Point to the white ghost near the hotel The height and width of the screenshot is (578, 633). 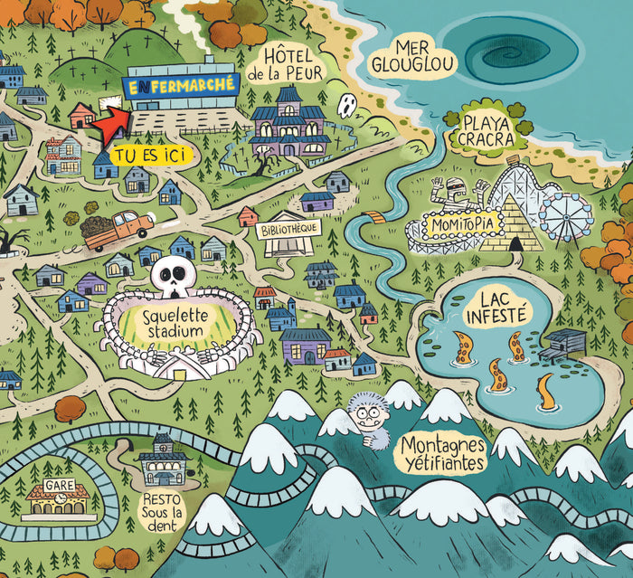(346, 106)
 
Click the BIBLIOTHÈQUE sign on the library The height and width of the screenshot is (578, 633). (288, 229)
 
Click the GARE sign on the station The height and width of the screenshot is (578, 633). (59, 486)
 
